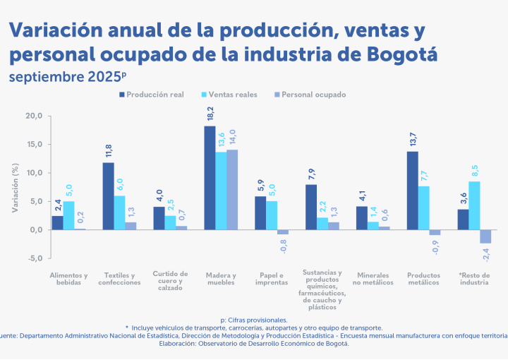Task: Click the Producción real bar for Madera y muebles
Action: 210,178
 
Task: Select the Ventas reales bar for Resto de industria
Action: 474,205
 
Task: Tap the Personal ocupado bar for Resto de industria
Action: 485,236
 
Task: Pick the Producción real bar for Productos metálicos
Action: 413,191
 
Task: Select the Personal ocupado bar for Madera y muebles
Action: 232,190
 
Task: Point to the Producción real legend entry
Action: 155,94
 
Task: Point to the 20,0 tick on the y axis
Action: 34,116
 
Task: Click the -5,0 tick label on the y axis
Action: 34,258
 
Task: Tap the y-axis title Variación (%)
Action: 15,187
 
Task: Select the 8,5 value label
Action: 475,171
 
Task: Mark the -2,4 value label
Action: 486,254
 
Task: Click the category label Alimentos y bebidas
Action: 68,278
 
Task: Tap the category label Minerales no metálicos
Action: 373,278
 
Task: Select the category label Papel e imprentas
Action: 272,278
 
